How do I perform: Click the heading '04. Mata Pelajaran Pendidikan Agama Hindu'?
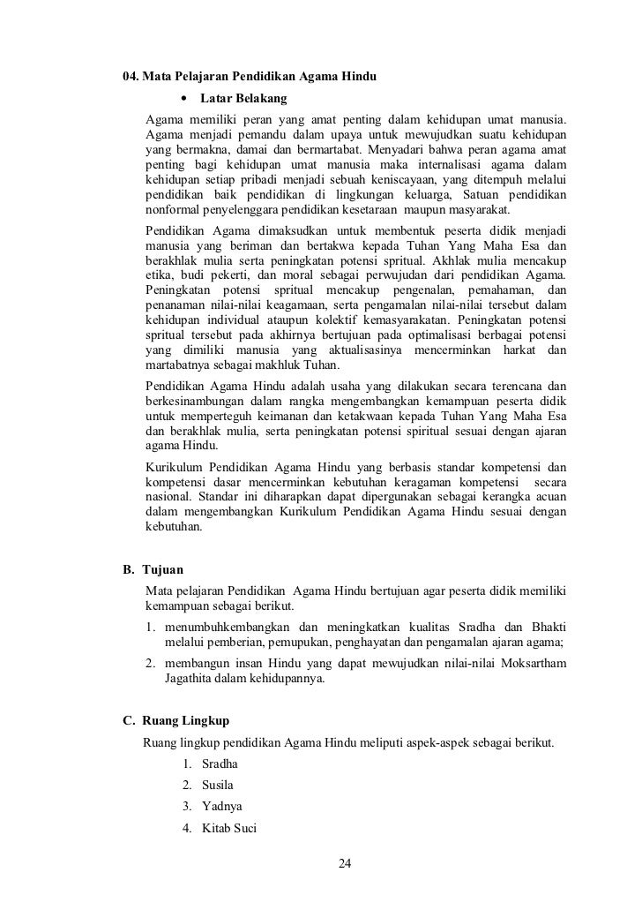pos(250,78)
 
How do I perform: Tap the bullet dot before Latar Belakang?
pos(184,97)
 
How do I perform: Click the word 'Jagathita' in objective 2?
pos(190,680)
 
